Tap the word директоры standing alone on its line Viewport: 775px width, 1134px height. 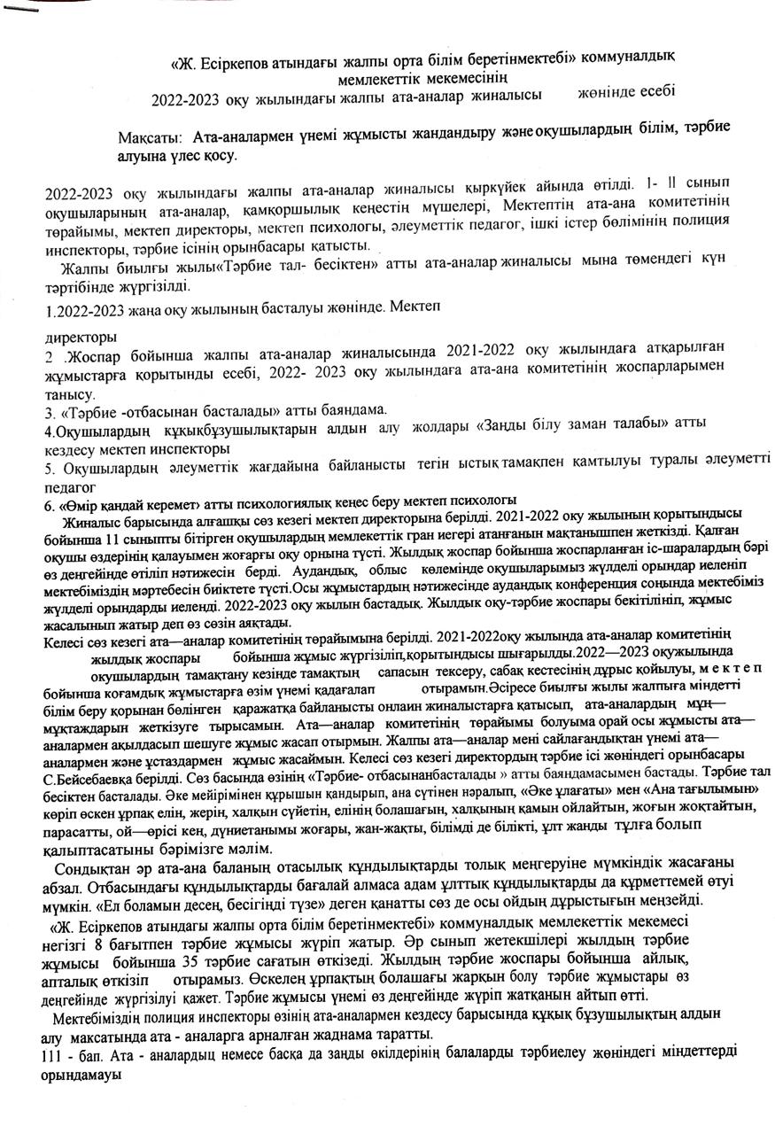pyautogui.click(x=81, y=338)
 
